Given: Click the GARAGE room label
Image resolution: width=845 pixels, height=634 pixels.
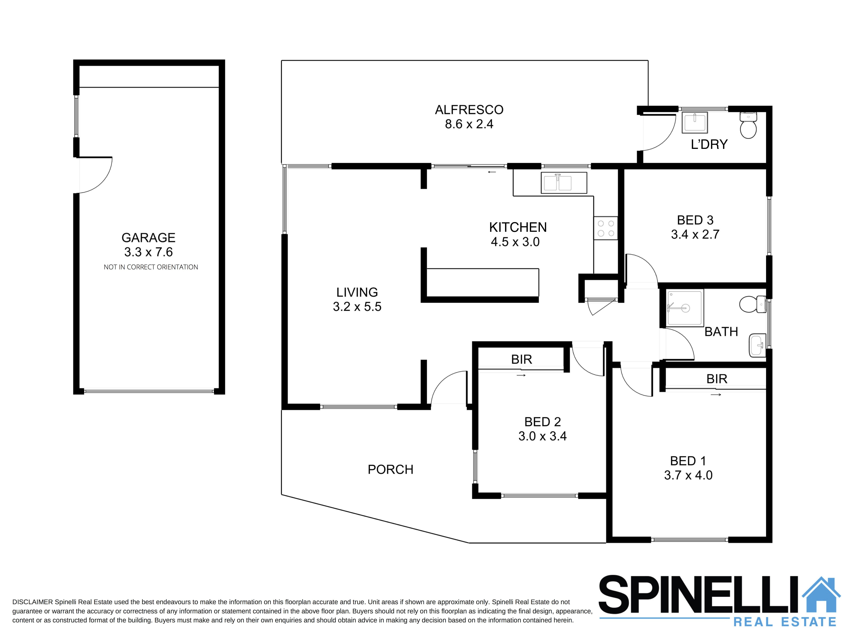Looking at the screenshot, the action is coord(148,238).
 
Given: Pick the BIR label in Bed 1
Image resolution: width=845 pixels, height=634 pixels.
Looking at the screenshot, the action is coord(717,379).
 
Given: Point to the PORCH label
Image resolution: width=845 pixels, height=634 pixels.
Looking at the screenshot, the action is coord(390,469).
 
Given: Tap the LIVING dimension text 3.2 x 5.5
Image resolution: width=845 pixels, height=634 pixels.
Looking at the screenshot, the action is coord(357,306).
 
